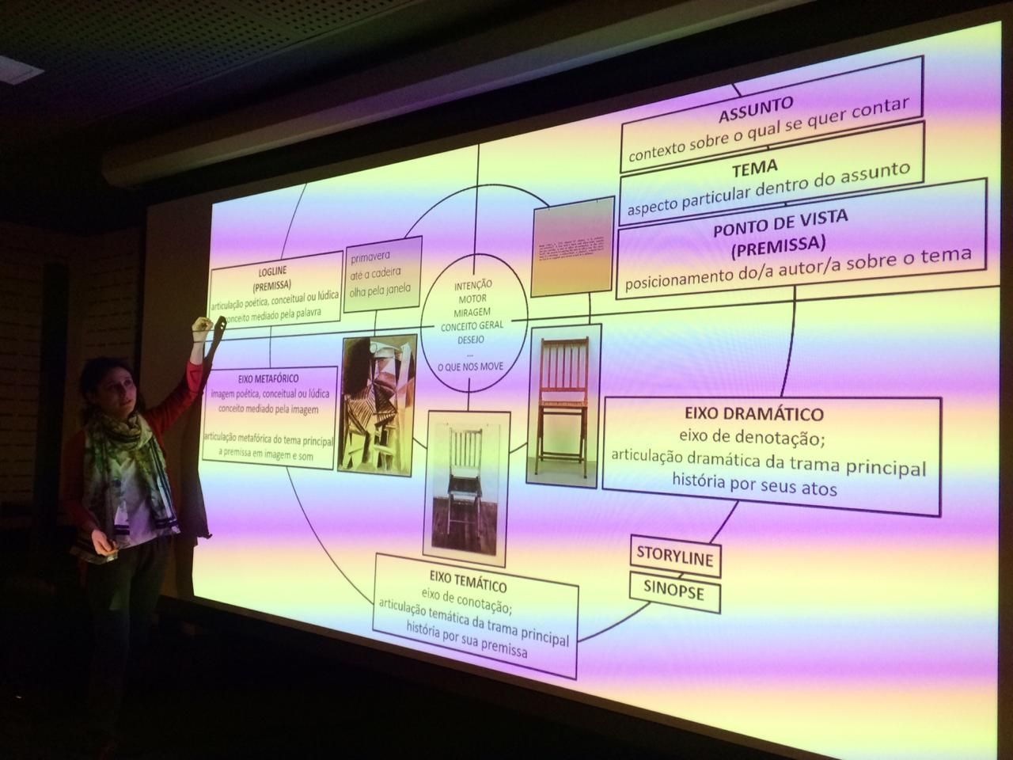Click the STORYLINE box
pos(675,557)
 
